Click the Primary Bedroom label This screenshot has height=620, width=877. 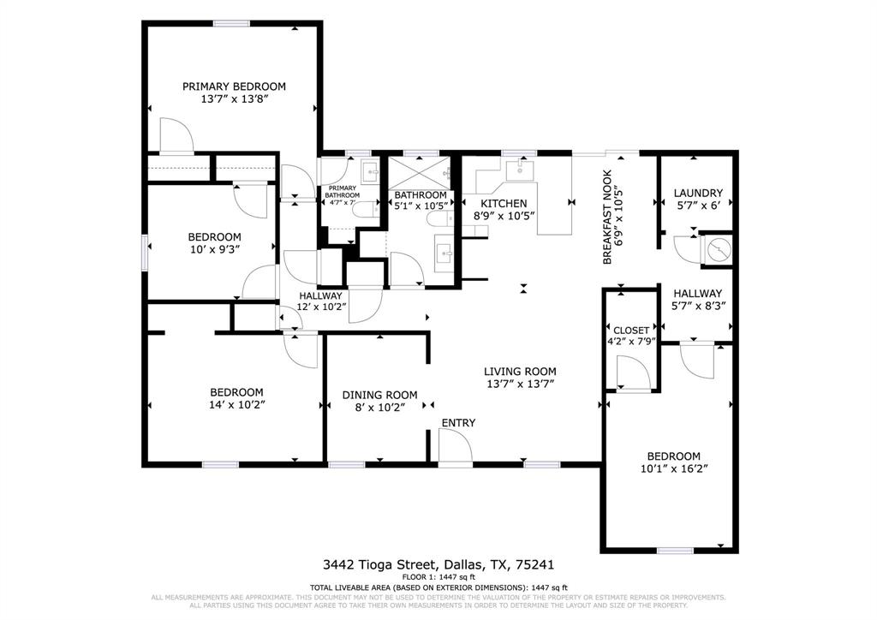[234, 86]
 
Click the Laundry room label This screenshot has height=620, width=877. [697, 194]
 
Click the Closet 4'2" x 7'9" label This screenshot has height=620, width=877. [633, 331]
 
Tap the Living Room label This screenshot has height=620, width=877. [520, 372]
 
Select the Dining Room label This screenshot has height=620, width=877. [379, 395]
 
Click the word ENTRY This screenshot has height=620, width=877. [458, 423]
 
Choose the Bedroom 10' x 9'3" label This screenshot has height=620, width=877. [214, 237]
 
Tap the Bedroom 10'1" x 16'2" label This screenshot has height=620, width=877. [673, 456]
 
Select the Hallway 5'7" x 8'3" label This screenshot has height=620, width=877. [697, 294]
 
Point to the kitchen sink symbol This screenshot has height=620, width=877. [519, 170]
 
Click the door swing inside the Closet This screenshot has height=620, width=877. [631, 373]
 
